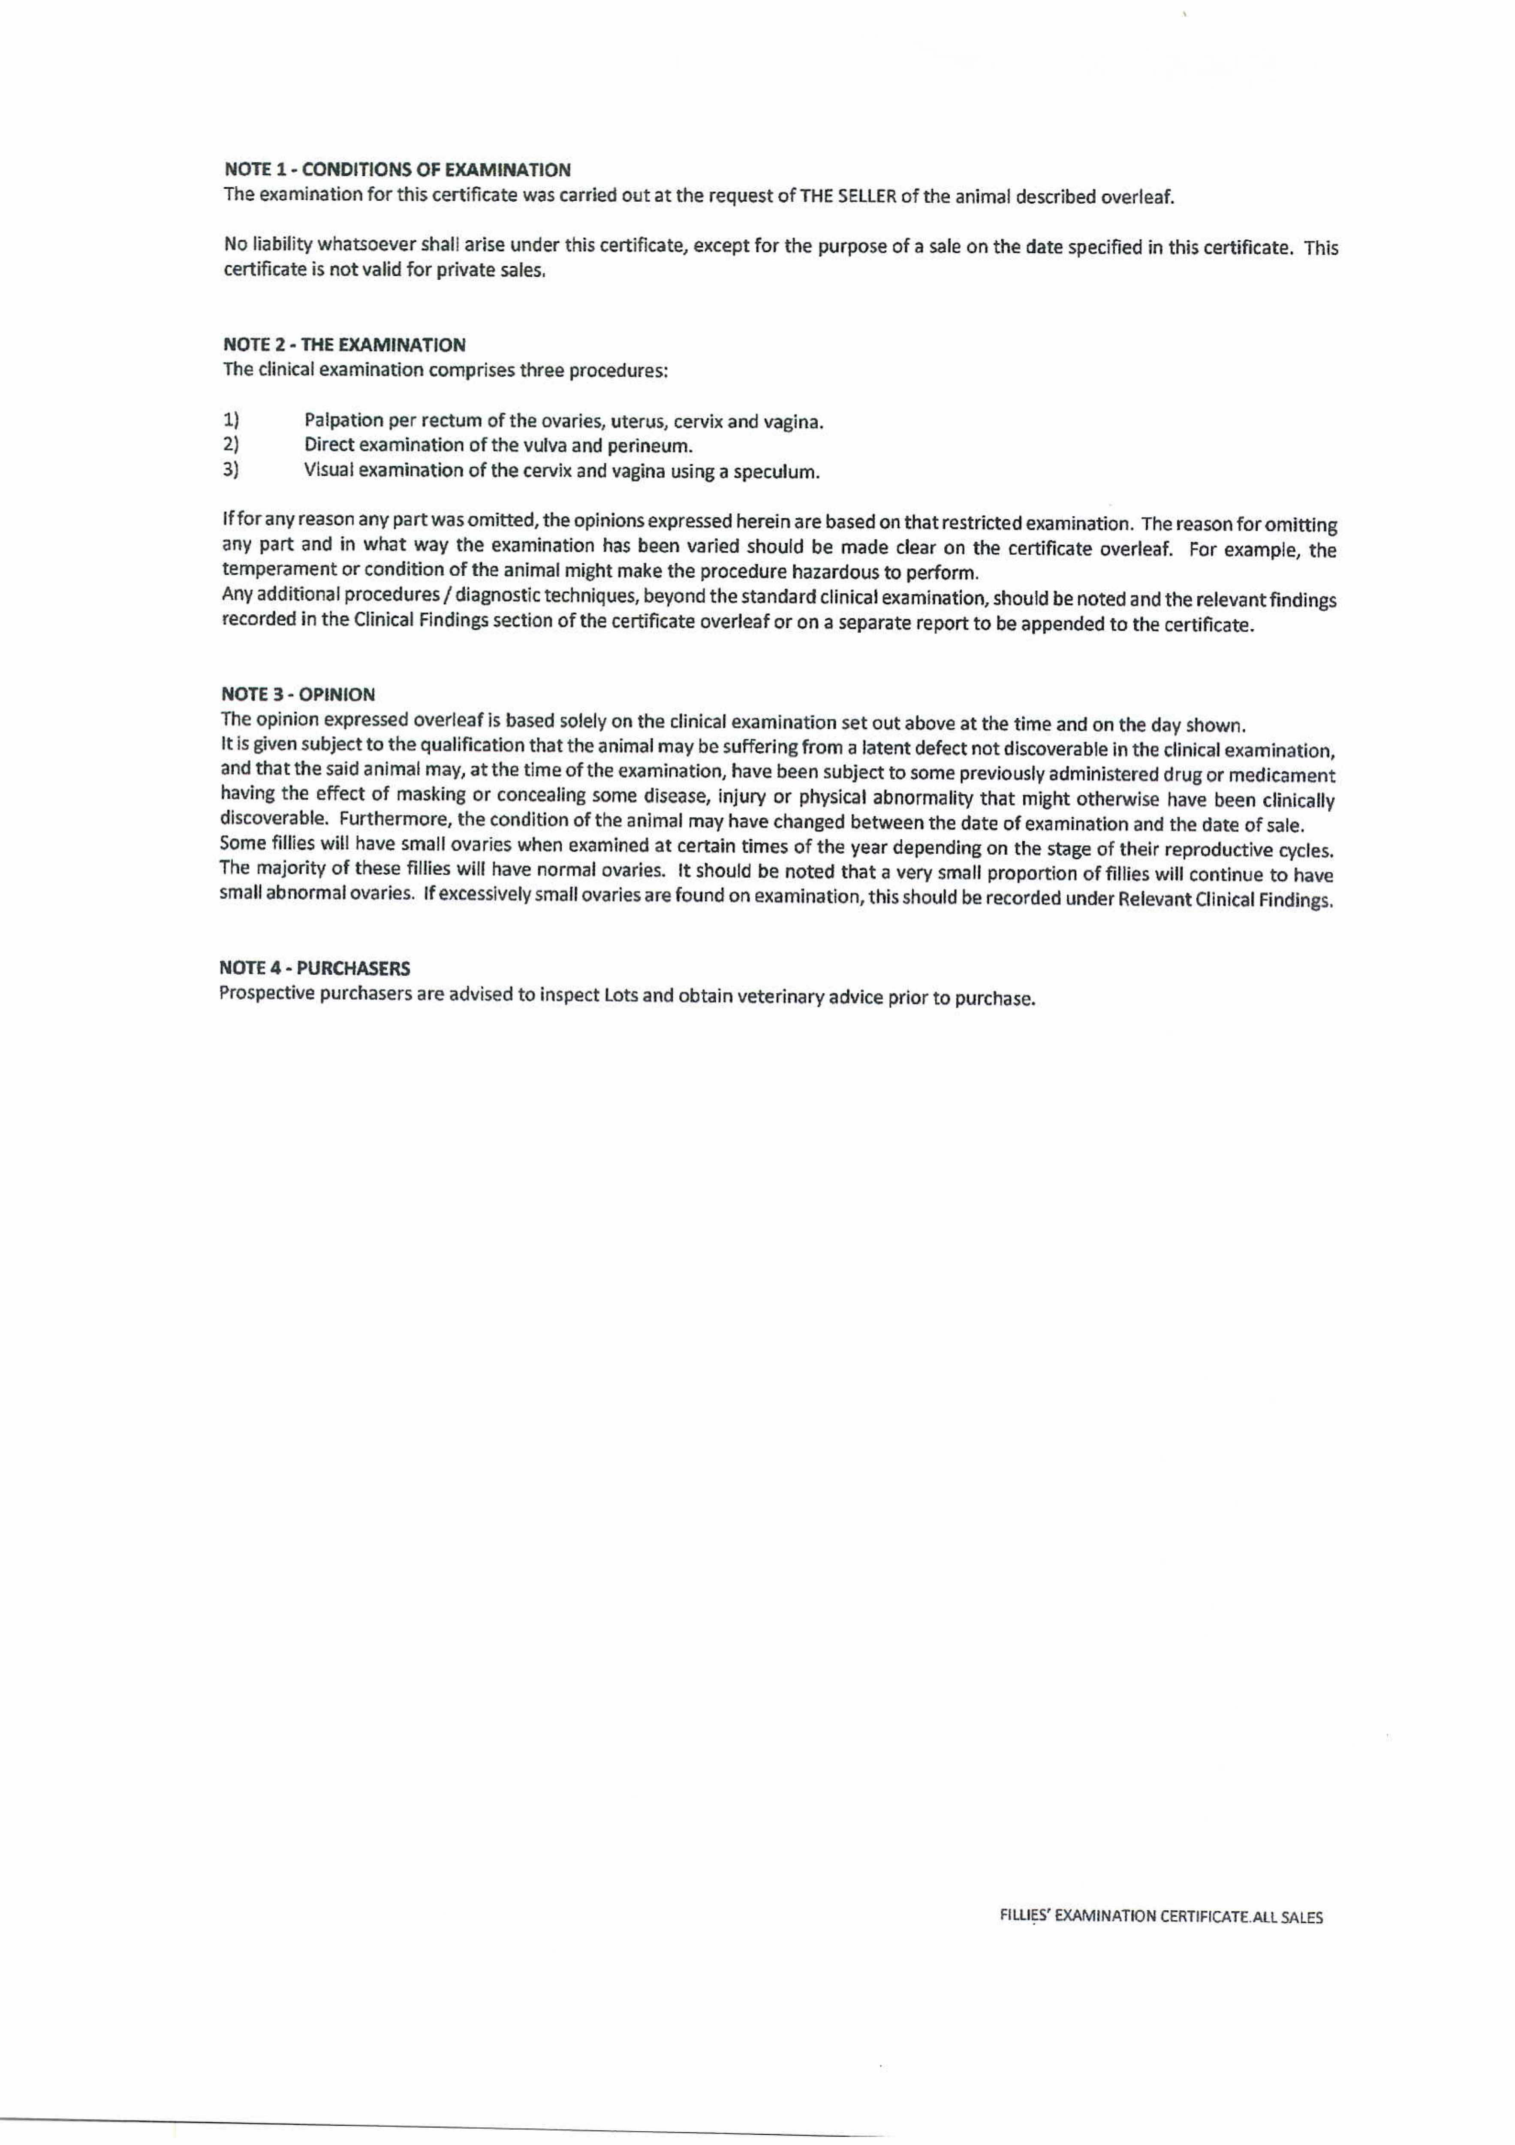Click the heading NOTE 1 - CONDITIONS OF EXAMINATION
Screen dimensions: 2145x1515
click(397, 170)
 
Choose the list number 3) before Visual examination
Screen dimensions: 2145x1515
click(231, 469)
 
